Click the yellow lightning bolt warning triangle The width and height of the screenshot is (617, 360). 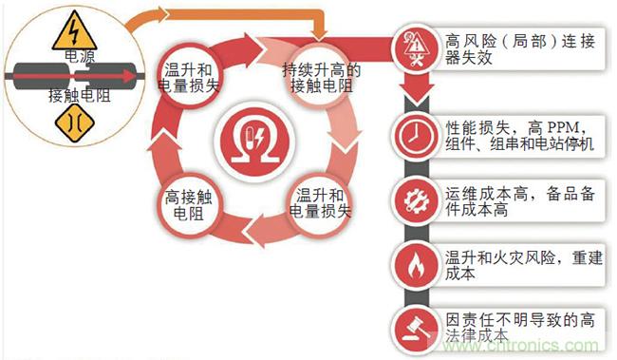(x=74, y=31)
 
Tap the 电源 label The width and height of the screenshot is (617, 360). (x=79, y=56)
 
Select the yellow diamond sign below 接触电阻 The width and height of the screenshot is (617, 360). (x=74, y=123)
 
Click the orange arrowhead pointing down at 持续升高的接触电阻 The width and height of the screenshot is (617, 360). (x=319, y=34)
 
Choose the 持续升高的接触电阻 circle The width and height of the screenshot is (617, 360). (x=320, y=76)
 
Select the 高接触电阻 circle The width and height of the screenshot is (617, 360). (x=189, y=205)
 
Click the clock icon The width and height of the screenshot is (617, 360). (x=415, y=136)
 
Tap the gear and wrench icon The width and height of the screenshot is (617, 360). (x=416, y=200)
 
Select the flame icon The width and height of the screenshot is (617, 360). (x=416, y=265)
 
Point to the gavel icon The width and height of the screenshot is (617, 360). (x=416, y=330)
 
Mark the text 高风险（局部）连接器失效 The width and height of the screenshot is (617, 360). (x=520, y=49)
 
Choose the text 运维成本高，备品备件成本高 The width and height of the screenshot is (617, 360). (x=520, y=201)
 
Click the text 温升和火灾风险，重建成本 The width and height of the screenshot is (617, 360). (x=523, y=265)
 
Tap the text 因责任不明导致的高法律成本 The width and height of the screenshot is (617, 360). (x=520, y=328)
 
